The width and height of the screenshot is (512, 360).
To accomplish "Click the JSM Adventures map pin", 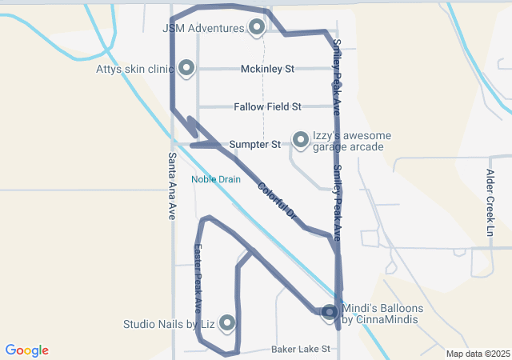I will [257, 27].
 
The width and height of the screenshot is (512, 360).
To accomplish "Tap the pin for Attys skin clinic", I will [186, 68].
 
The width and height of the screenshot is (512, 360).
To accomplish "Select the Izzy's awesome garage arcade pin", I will [301, 140].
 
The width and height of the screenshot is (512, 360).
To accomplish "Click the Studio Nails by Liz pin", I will [227, 322].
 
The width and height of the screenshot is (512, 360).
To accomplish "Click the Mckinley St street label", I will [268, 69].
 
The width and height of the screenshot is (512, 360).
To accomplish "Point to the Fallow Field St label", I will [267, 106].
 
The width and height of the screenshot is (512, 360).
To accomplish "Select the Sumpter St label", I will [254, 145].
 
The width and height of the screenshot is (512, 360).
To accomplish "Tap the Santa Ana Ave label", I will [172, 186].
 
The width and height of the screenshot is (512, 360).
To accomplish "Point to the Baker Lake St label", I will [301, 350].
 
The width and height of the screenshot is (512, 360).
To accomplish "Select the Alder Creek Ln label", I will [490, 202].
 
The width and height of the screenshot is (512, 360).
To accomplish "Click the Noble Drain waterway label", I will [215, 179].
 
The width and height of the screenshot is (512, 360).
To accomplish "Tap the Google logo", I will [26, 350].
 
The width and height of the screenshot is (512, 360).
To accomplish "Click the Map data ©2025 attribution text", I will [478, 354].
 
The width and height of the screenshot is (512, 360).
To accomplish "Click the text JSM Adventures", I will [203, 28].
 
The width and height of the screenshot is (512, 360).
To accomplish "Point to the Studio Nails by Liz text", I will [169, 324].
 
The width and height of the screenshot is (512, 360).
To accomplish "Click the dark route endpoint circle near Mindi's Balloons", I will [330, 311].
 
